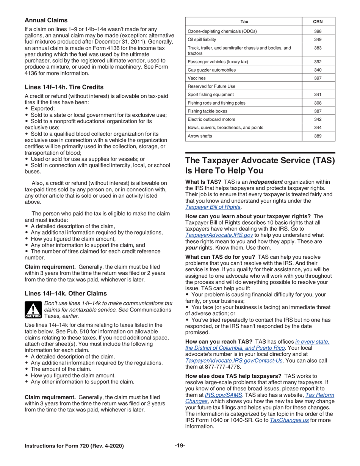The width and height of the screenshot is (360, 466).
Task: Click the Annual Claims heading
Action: point(46,20)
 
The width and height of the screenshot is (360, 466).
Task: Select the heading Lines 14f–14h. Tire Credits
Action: point(64,87)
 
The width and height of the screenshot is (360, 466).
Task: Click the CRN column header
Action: point(318,22)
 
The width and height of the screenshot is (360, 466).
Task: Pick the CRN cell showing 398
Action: point(318,31)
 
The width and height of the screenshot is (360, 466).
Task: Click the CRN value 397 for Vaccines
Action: point(318,78)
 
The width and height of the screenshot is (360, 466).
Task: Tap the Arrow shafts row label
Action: point(200,136)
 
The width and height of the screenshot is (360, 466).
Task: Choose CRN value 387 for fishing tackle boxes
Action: point(318,111)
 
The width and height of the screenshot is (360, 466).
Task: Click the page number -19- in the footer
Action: point(180,446)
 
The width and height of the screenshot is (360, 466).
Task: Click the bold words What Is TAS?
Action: point(203,182)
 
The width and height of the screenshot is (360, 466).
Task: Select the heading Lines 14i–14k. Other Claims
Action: point(66,294)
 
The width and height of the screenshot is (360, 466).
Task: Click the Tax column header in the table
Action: point(244,22)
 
